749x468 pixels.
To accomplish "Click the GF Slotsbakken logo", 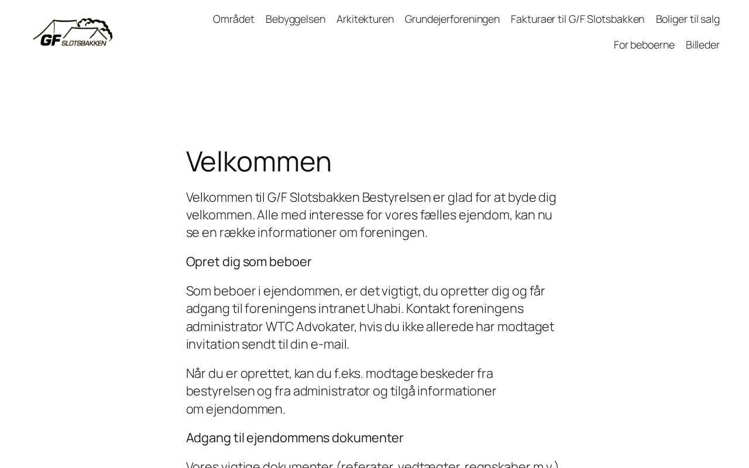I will [x=73, y=32].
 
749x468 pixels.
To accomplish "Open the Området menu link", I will [x=233, y=19].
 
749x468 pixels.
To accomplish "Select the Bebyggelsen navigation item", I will [x=296, y=19].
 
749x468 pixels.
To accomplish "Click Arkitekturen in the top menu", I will [x=365, y=19].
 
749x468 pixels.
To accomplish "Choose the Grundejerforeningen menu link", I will [x=452, y=19].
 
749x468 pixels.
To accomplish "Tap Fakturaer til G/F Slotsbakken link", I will [x=578, y=19].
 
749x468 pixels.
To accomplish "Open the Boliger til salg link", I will [x=688, y=19].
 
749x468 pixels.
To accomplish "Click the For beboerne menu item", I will [x=644, y=45].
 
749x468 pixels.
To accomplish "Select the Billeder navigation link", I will [x=703, y=45].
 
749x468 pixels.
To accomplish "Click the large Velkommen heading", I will [x=259, y=161].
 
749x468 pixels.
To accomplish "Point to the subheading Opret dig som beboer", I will [x=249, y=261].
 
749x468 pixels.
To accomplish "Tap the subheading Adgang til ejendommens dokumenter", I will [x=295, y=438].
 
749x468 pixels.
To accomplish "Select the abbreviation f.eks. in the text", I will [x=349, y=373].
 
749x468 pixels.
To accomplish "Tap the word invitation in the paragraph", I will [x=212, y=344].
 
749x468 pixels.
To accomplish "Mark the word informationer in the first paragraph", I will [x=297, y=232].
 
